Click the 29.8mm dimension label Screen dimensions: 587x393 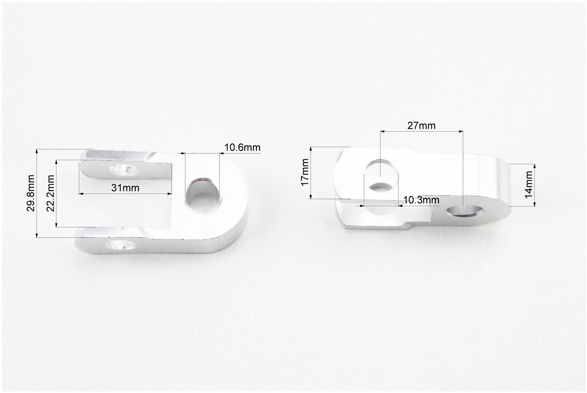pos(31,193)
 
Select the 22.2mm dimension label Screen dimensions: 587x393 pos(51,193)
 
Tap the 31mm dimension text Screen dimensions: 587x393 pos(125,188)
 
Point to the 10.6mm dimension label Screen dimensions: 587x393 pos(242,147)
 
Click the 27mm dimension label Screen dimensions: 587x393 pos(421,125)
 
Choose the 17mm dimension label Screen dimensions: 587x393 pos(305,172)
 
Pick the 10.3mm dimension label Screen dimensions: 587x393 pos(421,200)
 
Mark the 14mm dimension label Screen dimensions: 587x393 pos(528,185)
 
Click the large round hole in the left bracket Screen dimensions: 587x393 pos(203,196)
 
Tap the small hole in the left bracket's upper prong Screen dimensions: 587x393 pos(123,170)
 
